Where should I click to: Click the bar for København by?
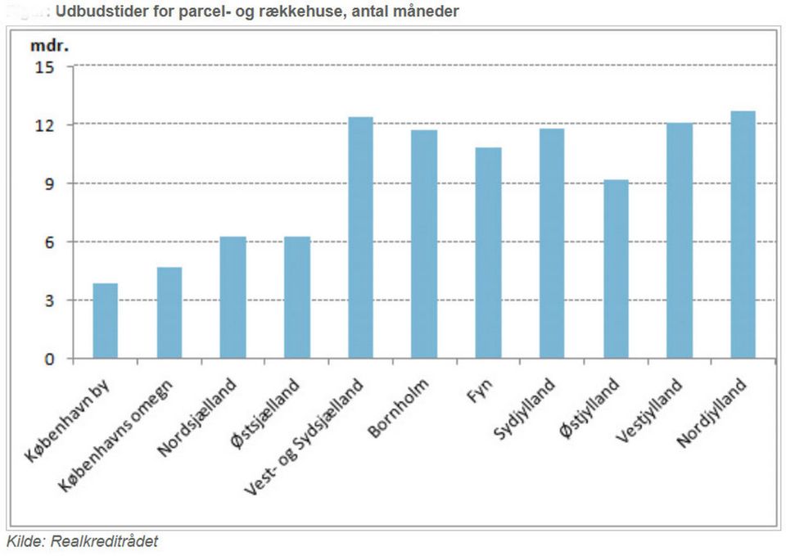[x=106, y=321]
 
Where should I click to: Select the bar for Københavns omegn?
[x=169, y=313]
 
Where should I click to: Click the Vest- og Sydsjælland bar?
[x=361, y=237]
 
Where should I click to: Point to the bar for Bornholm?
[x=424, y=244]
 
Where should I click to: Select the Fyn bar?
[x=488, y=253]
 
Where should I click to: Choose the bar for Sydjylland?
[x=552, y=243]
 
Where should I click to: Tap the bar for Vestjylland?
[x=680, y=241]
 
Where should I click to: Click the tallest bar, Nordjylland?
[x=743, y=235]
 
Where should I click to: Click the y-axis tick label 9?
[x=49, y=184]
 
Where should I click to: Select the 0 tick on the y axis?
[x=49, y=359]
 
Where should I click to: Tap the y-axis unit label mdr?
[x=47, y=44]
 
